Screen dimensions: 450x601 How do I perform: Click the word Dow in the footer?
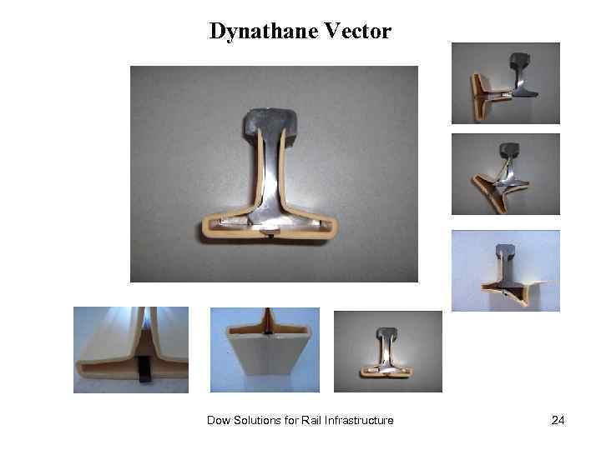[x=219, y=421]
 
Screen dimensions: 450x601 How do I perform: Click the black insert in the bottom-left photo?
[x=143, y=369]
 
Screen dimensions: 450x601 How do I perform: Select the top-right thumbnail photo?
[x=506, y=83]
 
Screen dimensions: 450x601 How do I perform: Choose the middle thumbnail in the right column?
[x=506, y=174]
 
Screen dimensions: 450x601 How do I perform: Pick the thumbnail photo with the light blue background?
[x=506, y=271]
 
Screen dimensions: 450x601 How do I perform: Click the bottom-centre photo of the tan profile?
[x=265, y=350]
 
